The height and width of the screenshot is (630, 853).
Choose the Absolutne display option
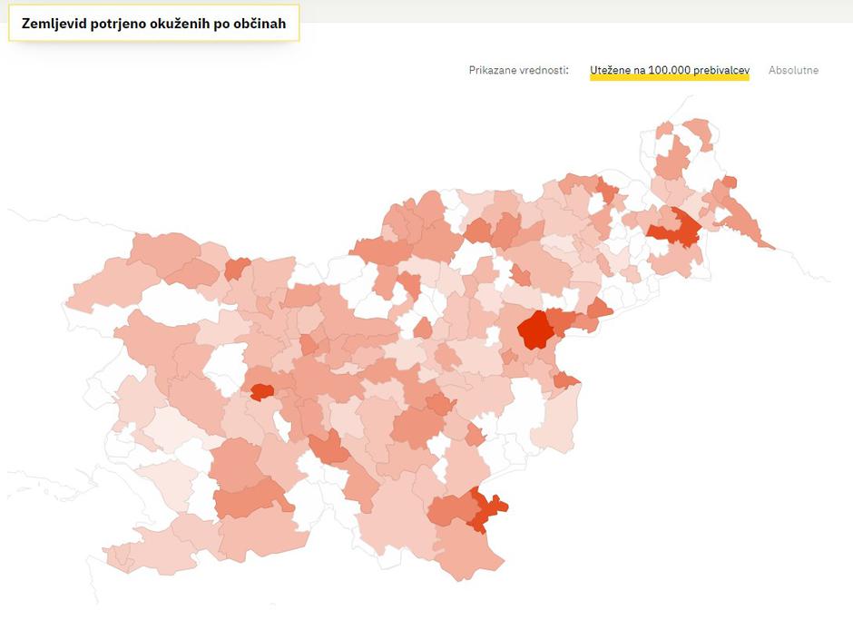point(793,70)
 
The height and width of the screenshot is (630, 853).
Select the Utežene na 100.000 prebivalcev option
point(669,70)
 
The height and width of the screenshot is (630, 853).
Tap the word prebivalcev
point(722,70)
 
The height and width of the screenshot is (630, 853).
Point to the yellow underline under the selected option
point(669,79)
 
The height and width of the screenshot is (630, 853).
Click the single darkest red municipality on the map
point(535,330)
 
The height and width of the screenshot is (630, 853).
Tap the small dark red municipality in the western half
point(262,391)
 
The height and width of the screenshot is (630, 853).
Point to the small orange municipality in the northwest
point(237,269)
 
